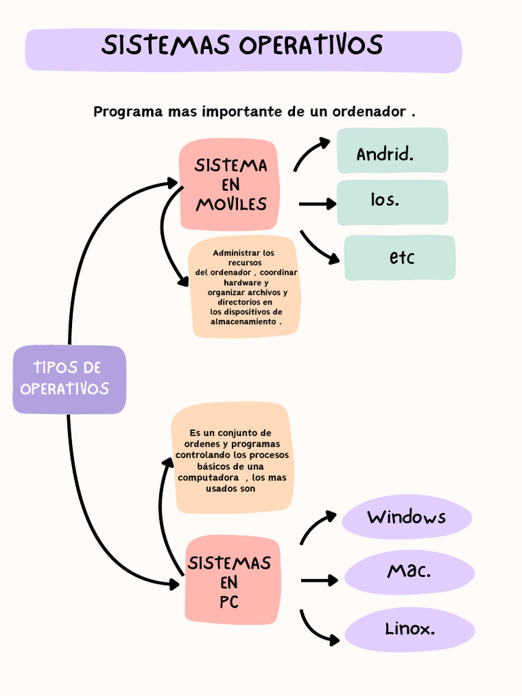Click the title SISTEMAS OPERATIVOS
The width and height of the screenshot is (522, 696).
click(242, 46)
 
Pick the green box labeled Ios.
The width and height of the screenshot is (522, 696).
click(392, 202)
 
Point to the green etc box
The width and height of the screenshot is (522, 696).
click(400, 258)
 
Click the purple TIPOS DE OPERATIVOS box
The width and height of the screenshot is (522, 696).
click(69, 379)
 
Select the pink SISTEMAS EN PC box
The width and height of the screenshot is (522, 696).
click(232, 580)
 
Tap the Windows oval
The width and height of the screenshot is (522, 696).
click(406, 517)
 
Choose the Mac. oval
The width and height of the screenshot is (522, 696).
click(409, 572)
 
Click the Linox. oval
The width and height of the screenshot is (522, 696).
click(409, 629)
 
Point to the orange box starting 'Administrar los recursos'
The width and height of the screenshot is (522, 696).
click(245, 287)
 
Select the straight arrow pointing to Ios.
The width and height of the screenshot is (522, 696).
click(317, 204)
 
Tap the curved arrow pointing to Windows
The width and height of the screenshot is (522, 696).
click(316, 525)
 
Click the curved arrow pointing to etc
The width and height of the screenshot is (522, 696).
click(317, 248)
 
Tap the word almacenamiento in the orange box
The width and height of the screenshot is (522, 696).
click(243, 321)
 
